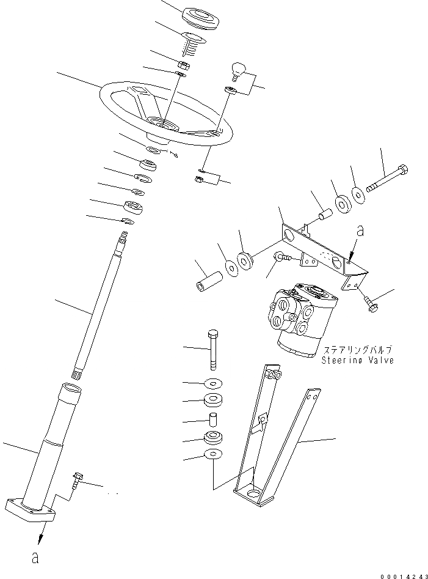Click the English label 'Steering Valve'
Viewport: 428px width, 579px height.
click(x=357, y=360)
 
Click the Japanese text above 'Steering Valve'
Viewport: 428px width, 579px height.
click(x=357, y=350)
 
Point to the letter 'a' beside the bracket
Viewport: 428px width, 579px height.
click(x=360, y=231)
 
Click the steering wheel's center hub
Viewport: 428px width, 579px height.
click(x=163, y=125)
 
